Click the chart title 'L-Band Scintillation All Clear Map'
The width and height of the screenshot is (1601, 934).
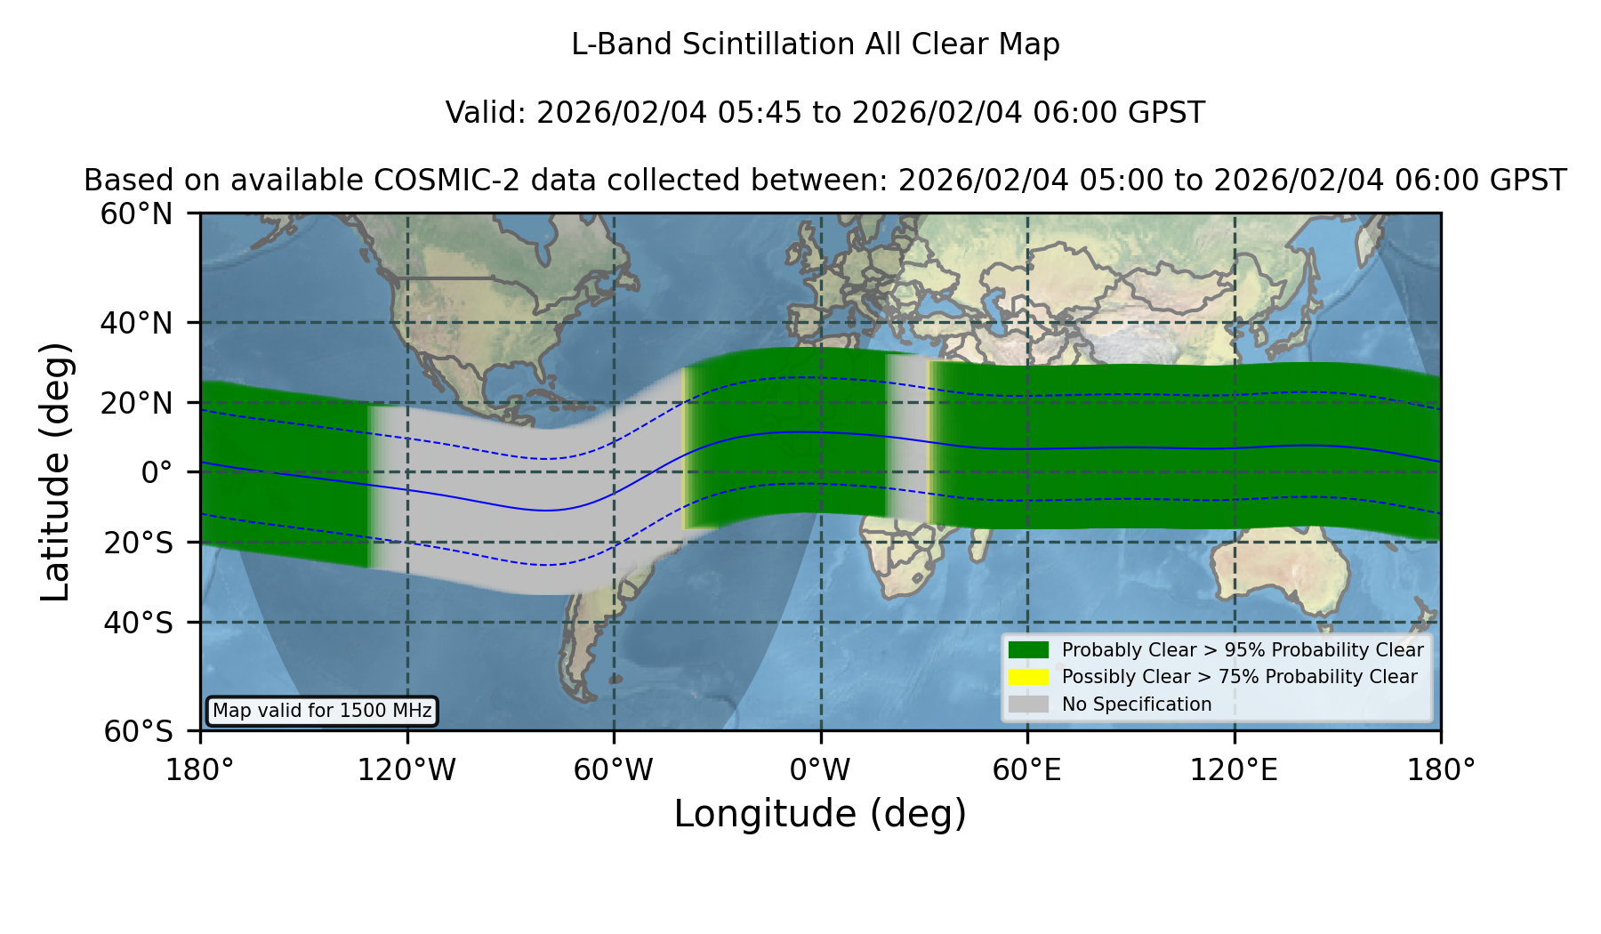(x=816, y=44)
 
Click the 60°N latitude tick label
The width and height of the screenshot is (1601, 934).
(x=136, y=213)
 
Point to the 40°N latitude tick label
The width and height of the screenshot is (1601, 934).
(x=136, y=323)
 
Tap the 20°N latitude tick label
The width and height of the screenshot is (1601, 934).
(x=136, y=403)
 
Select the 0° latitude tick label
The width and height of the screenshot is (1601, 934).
(x=157, y=471)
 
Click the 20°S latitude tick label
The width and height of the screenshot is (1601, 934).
(x=138, y=543)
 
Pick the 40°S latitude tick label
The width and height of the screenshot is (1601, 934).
(x=138, y=623)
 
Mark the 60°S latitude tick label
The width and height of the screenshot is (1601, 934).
(x=138, y=731)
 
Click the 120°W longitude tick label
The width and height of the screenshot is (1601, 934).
(x=406, y=769)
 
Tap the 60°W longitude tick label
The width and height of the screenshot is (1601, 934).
(x=614, y=769)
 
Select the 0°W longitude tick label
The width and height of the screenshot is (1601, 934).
(x=820, y=769)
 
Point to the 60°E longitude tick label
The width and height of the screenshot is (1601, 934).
(x=1027, y=769)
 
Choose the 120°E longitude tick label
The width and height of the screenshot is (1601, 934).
(x=1234, y=769)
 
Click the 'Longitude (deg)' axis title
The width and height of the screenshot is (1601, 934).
(x=820, y=814)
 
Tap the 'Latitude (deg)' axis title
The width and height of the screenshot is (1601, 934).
(x=55, y=471)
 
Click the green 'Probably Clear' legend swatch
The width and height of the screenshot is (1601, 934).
(x=1028, y=649)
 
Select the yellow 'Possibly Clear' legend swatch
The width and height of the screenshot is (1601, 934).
(x=1028, y=677)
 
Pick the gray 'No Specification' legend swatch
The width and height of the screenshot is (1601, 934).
(x=1028, y=705)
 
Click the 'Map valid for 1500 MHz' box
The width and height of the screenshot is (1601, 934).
(x=322, y=711)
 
